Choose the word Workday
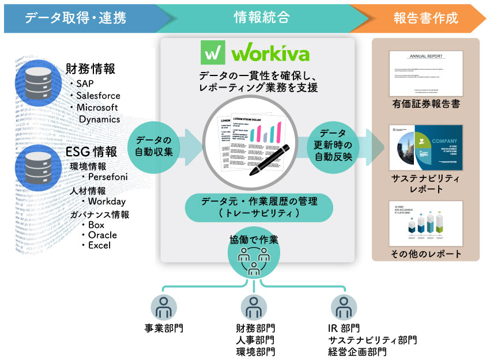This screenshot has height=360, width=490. click(x=107, y=201)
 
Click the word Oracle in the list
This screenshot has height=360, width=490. click(x=103, y=235)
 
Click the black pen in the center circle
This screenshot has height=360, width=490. click(x=265, y=156)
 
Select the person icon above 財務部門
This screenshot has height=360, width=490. click(x=255, y=308)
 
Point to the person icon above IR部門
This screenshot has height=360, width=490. click(x=345, y=308)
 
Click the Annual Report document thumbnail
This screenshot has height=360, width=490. click(x=426, y=73)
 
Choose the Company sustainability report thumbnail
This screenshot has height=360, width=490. click(x=426, y=146)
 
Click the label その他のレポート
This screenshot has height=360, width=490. click(x=426, y=253)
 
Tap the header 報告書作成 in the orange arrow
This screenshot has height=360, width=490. click(x=426, y=18)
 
